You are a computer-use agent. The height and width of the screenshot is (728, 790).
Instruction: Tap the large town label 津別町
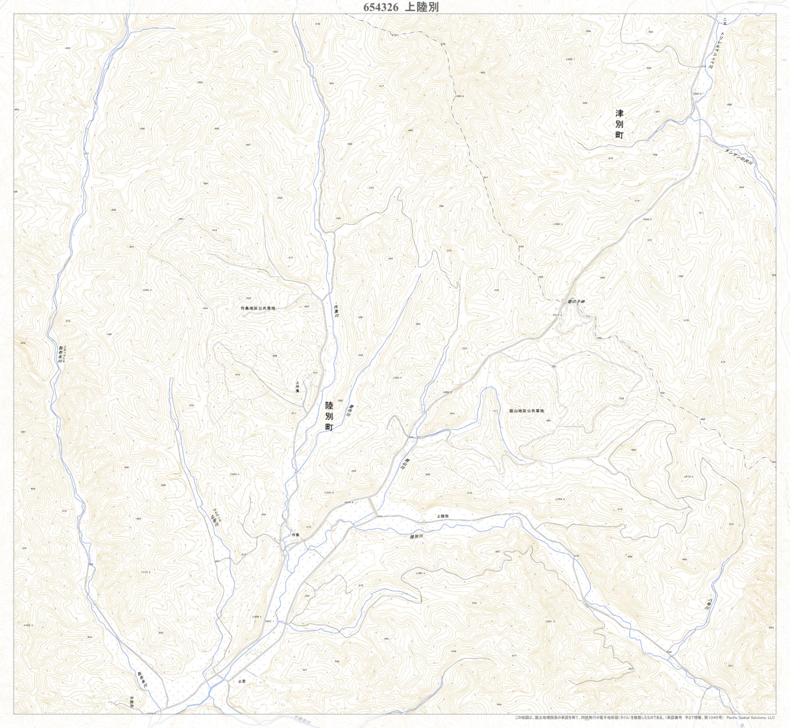[619, 124]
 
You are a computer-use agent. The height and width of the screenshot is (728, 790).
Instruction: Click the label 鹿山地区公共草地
[526, 411]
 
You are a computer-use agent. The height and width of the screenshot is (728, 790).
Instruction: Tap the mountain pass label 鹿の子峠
[576, 302]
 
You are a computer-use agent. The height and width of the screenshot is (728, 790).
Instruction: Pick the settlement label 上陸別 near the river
[443, 517]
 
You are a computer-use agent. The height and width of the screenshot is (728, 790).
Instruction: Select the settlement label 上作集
[298, 387]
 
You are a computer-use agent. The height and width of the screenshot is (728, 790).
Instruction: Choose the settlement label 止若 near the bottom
[242, 682]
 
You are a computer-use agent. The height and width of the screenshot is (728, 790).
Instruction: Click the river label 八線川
[710, 605]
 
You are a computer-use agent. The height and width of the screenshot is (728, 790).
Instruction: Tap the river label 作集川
[336, 311]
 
